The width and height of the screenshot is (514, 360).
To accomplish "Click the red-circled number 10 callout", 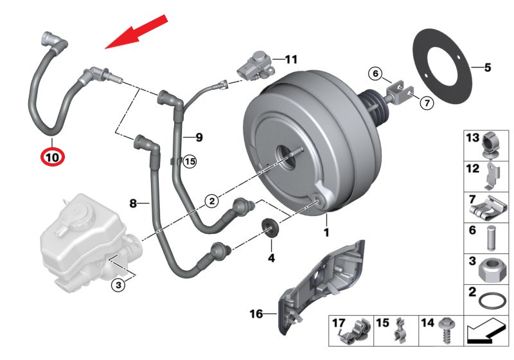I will (x=52, y=156).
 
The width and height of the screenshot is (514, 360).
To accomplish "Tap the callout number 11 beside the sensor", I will (x=291, y=60).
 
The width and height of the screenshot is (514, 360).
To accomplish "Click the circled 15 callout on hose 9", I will (x=189, y=162).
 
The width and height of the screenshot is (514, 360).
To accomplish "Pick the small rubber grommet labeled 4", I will (x=272, y=228).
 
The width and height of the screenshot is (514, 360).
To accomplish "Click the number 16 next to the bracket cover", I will (x=256, y=314).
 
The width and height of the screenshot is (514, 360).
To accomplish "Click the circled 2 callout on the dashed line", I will (x=211, y=201).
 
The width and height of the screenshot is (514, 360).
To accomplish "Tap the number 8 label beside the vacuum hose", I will (x=134, y=204).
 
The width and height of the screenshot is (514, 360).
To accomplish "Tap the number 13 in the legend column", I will (x=473, y=138).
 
